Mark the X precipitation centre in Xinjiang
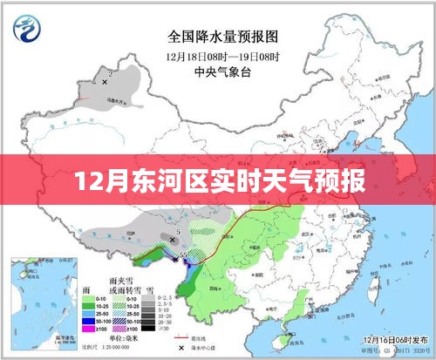point(104,82)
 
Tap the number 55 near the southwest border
point(184,254)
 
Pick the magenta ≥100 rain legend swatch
point(89,329)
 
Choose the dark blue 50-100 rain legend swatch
point(89,320)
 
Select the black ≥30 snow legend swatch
point(152,329)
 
